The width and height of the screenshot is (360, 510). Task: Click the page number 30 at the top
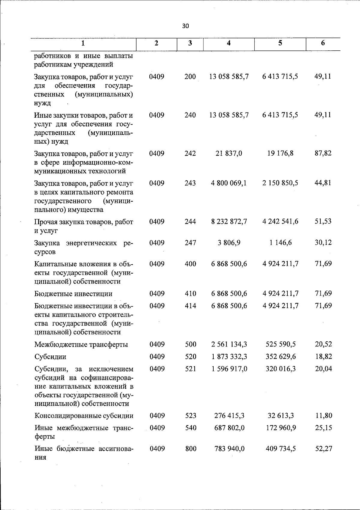(x=185, y=26)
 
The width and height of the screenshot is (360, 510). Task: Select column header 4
(x=229, y=43)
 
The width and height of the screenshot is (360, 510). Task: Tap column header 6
(x=323, y=43)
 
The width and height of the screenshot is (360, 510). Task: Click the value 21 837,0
(x=229, y=154)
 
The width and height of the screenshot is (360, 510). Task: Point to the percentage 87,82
(x=323, y=154)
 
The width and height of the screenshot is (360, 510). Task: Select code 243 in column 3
(x=190, y=183)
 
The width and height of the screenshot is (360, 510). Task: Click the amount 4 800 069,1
(x=229, y=183)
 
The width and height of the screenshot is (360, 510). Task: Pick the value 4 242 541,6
(x=280, y=222)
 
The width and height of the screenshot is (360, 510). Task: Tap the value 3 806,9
(x=229, y=243)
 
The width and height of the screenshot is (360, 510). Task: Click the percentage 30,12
(x=323, y=243)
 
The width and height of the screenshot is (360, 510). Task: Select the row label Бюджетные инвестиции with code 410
(x=73, y=294)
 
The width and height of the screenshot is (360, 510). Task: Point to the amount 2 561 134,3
(x=229, y=344)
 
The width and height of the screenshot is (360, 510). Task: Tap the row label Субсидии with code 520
(x=50, y=357)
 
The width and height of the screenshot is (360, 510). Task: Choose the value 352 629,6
(x=280, y=357)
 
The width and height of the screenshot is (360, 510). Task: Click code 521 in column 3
(x=190, y=369)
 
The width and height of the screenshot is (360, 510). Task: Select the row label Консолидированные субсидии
(x=84, y=416)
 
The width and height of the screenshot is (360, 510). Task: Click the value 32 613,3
(x=280, y=416)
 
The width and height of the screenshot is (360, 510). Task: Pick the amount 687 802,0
(x=229, y=428)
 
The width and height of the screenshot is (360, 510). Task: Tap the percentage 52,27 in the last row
(x=323, y=449)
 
